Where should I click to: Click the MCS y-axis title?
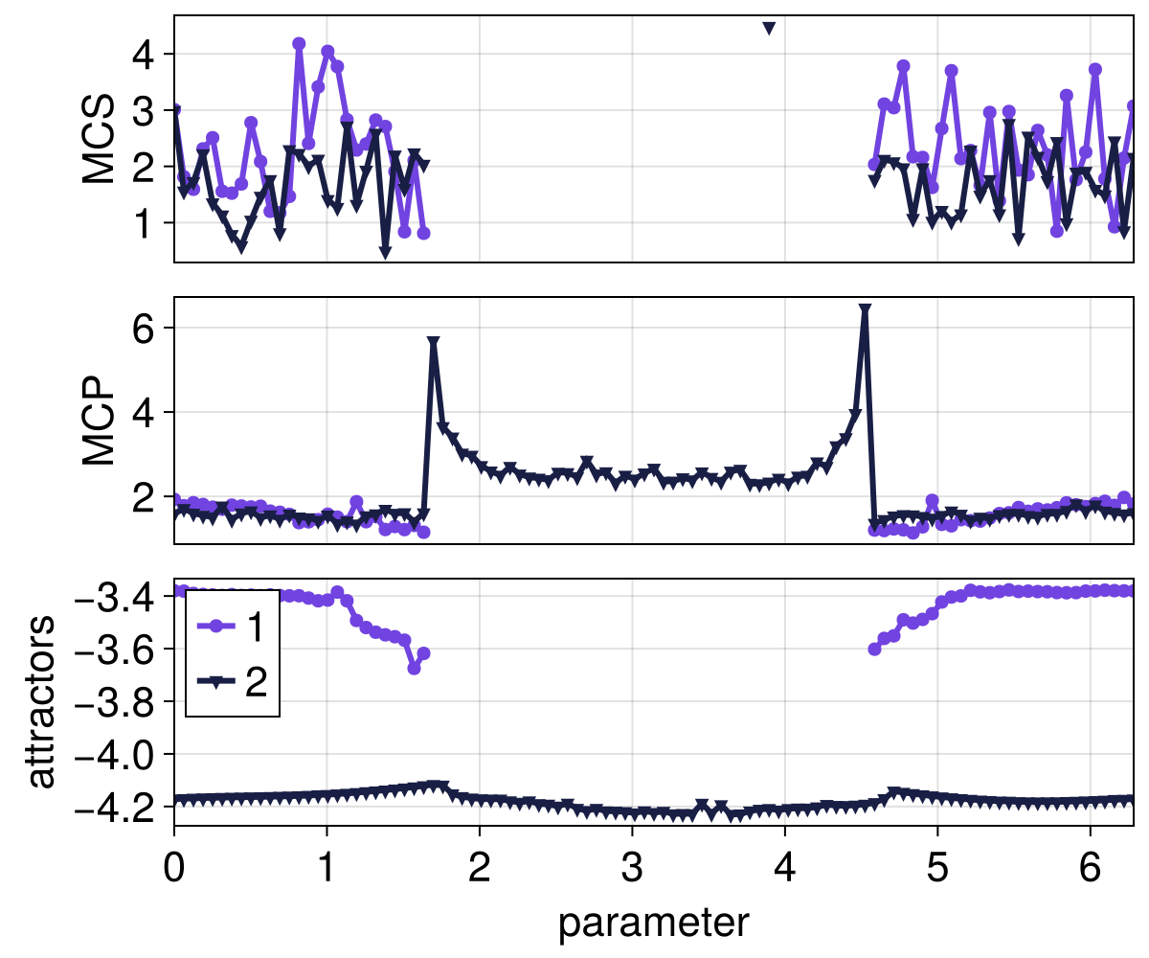click(99, 139)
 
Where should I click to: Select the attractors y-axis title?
click(40, 702)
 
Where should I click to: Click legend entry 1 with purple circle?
click(231, 627)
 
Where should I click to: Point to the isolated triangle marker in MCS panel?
click(769, 28)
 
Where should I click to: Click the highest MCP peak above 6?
click(865, 309)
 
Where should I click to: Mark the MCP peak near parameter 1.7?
click(434, 342)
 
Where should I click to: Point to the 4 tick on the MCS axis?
click(145, 55)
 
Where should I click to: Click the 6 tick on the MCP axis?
click(145, 328)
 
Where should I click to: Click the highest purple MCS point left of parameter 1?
click(299, 44)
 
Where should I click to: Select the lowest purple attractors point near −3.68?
click(414, 668)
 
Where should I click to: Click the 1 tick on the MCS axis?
click(145, 223)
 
